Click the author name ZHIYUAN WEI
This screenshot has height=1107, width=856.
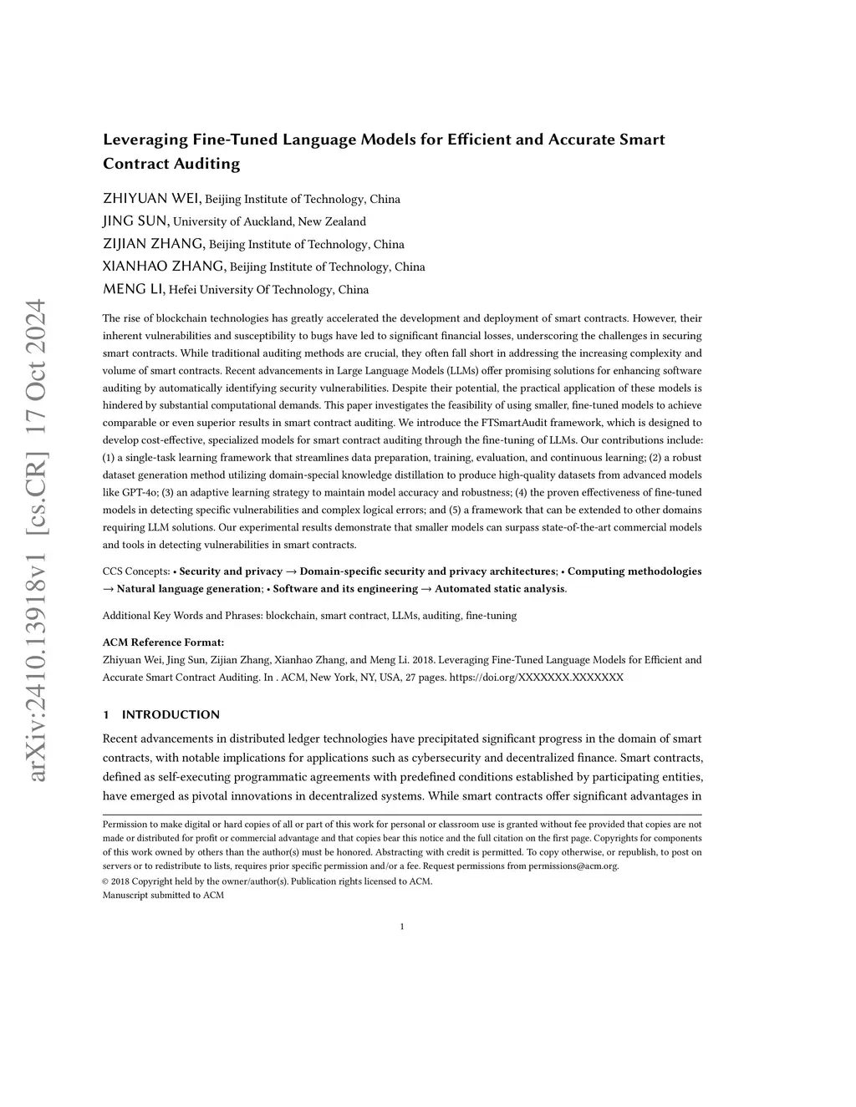[x=150, y=199]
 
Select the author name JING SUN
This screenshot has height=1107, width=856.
[x=135, y=221]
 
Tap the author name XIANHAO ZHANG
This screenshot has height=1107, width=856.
[x=163, y=267]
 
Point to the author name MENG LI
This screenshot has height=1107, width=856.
[x=133, y=289]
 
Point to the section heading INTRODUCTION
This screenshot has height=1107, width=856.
[x=171, y=714]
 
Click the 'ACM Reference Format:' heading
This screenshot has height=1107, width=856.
[x=163, y=642]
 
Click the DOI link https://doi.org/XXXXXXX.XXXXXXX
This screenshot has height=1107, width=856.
[x=536, y=677]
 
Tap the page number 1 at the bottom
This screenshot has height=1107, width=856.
[x=402, y=927]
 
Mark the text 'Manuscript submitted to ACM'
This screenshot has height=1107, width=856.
[x=163, y=895]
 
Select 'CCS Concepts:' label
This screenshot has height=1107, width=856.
[x=135, y=571]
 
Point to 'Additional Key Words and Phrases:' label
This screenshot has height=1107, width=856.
[x=183, y=616]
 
